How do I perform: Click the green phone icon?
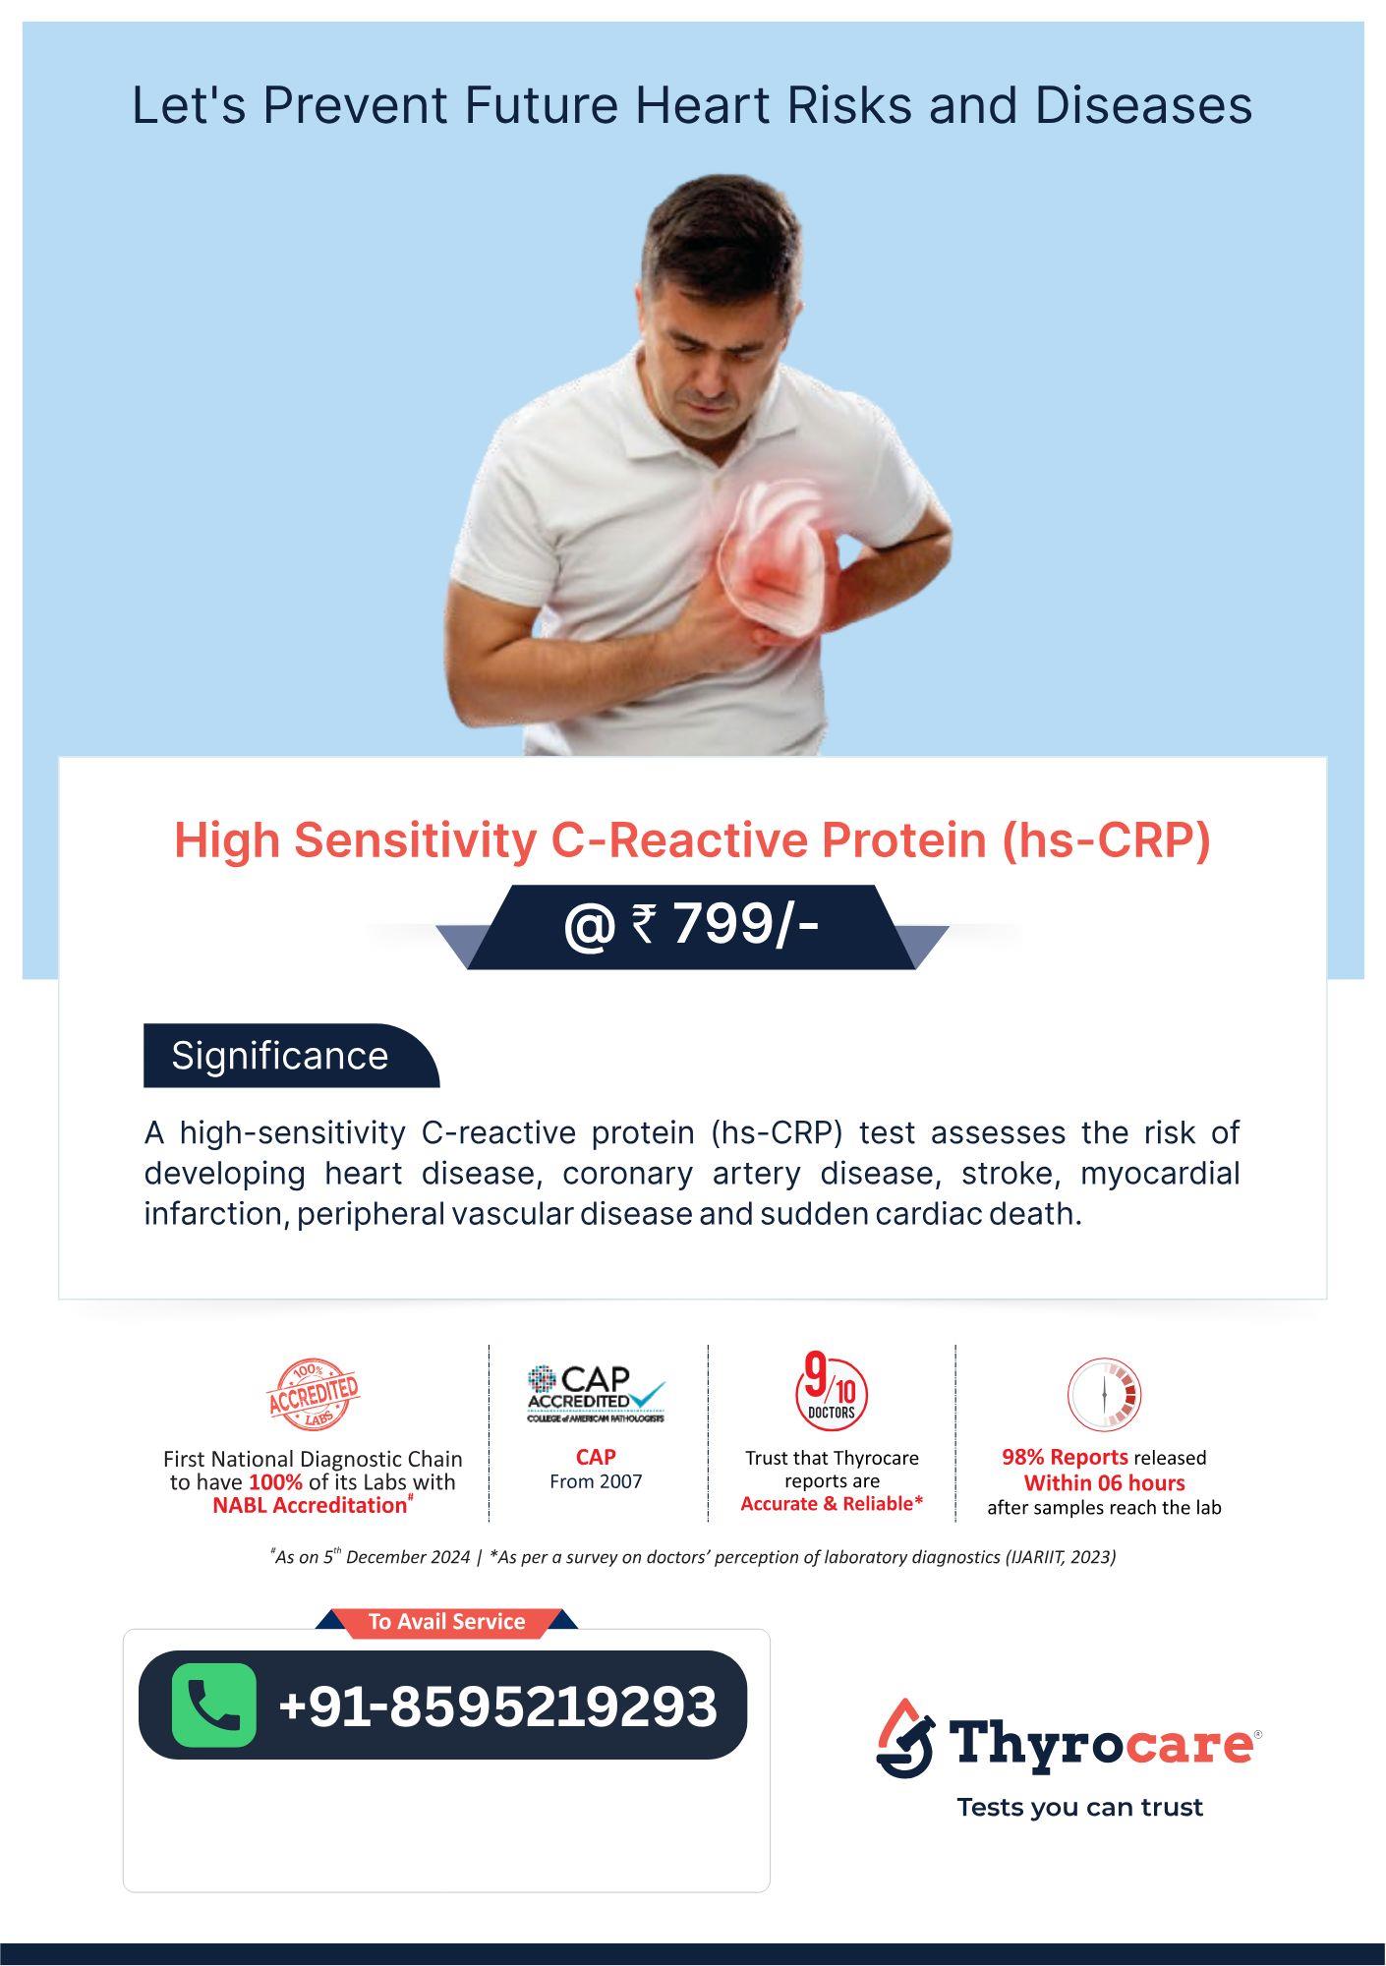(x=213, y=1705)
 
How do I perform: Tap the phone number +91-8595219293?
(x=498, y=1706)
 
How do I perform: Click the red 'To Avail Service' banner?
(x=446, y=1622)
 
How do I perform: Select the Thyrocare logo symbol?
(x=904, y=1737)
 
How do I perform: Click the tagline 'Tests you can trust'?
(x=1080, y=1807)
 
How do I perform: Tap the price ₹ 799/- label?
(x=692, y=926)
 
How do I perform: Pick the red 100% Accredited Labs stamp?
(x=314, y=1394)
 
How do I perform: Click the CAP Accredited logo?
(x=596, y=1394)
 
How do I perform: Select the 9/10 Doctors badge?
(x=832, y=1394)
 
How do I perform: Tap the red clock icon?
(x=1104, y=1394)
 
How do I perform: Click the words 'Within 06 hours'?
(x=1104, y=1482)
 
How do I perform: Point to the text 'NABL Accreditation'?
(x=310, y=1505)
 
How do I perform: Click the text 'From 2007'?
(x=596, y=1481)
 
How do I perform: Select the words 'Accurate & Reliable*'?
(x=832, y=1503)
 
